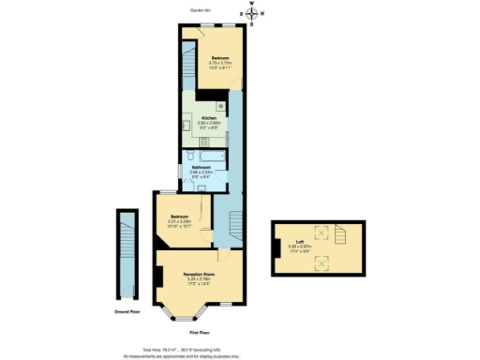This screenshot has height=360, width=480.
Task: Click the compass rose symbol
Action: (x=251, y=13)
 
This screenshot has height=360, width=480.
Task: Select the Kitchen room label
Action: (x=209, y=120)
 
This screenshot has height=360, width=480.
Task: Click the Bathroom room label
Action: (x=201, y=170)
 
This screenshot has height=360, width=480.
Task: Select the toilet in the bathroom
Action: (x=189, y=156)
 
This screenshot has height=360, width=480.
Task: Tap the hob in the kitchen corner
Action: (x=217, y=106)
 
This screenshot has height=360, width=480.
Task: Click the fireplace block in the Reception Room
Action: (x=159, y=277)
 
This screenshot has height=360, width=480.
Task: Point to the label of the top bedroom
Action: (x=219, y=62)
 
